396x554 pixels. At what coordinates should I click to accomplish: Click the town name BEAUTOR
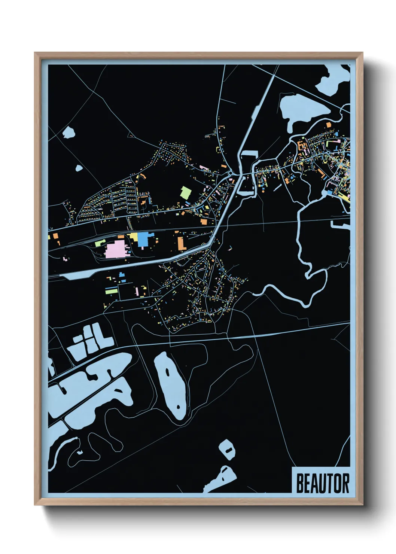coord(323,483)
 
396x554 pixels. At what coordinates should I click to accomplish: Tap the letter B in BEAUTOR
coord(300,483)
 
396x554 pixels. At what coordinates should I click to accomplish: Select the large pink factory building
coord(116,249)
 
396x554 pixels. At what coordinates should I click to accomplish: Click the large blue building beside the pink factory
coord(145,239)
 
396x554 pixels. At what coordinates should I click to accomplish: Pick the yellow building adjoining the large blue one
coord(134,237)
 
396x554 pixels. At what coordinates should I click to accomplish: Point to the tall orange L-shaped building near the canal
coord(182,243)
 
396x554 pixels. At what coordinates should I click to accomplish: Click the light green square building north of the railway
coord(186,193)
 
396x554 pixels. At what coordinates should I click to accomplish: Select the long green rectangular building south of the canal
coord(111,290)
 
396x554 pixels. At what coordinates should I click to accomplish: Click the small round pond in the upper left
coord(68,132)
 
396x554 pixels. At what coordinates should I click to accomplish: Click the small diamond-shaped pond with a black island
coord(227,450)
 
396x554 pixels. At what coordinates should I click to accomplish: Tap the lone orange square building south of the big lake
coord(329,125)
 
